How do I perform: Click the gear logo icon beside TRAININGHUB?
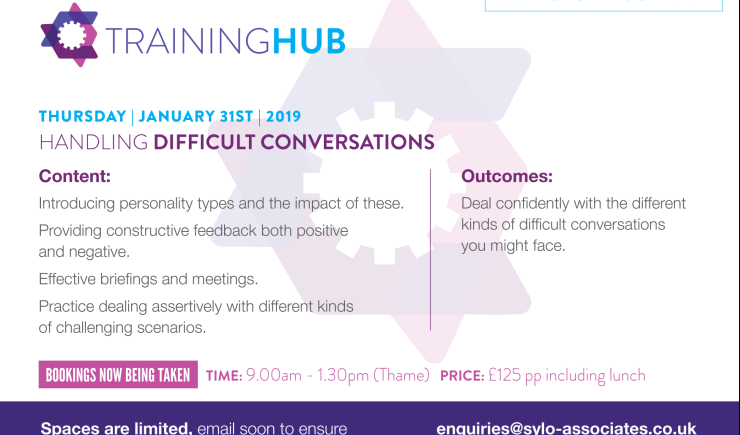(69, 35)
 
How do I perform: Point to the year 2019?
(282, 116)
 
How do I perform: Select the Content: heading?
(75, 177)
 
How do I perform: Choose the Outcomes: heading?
(507, 177)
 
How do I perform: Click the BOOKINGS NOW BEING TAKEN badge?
(118, 376)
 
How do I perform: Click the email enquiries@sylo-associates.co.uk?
(566, 428)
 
